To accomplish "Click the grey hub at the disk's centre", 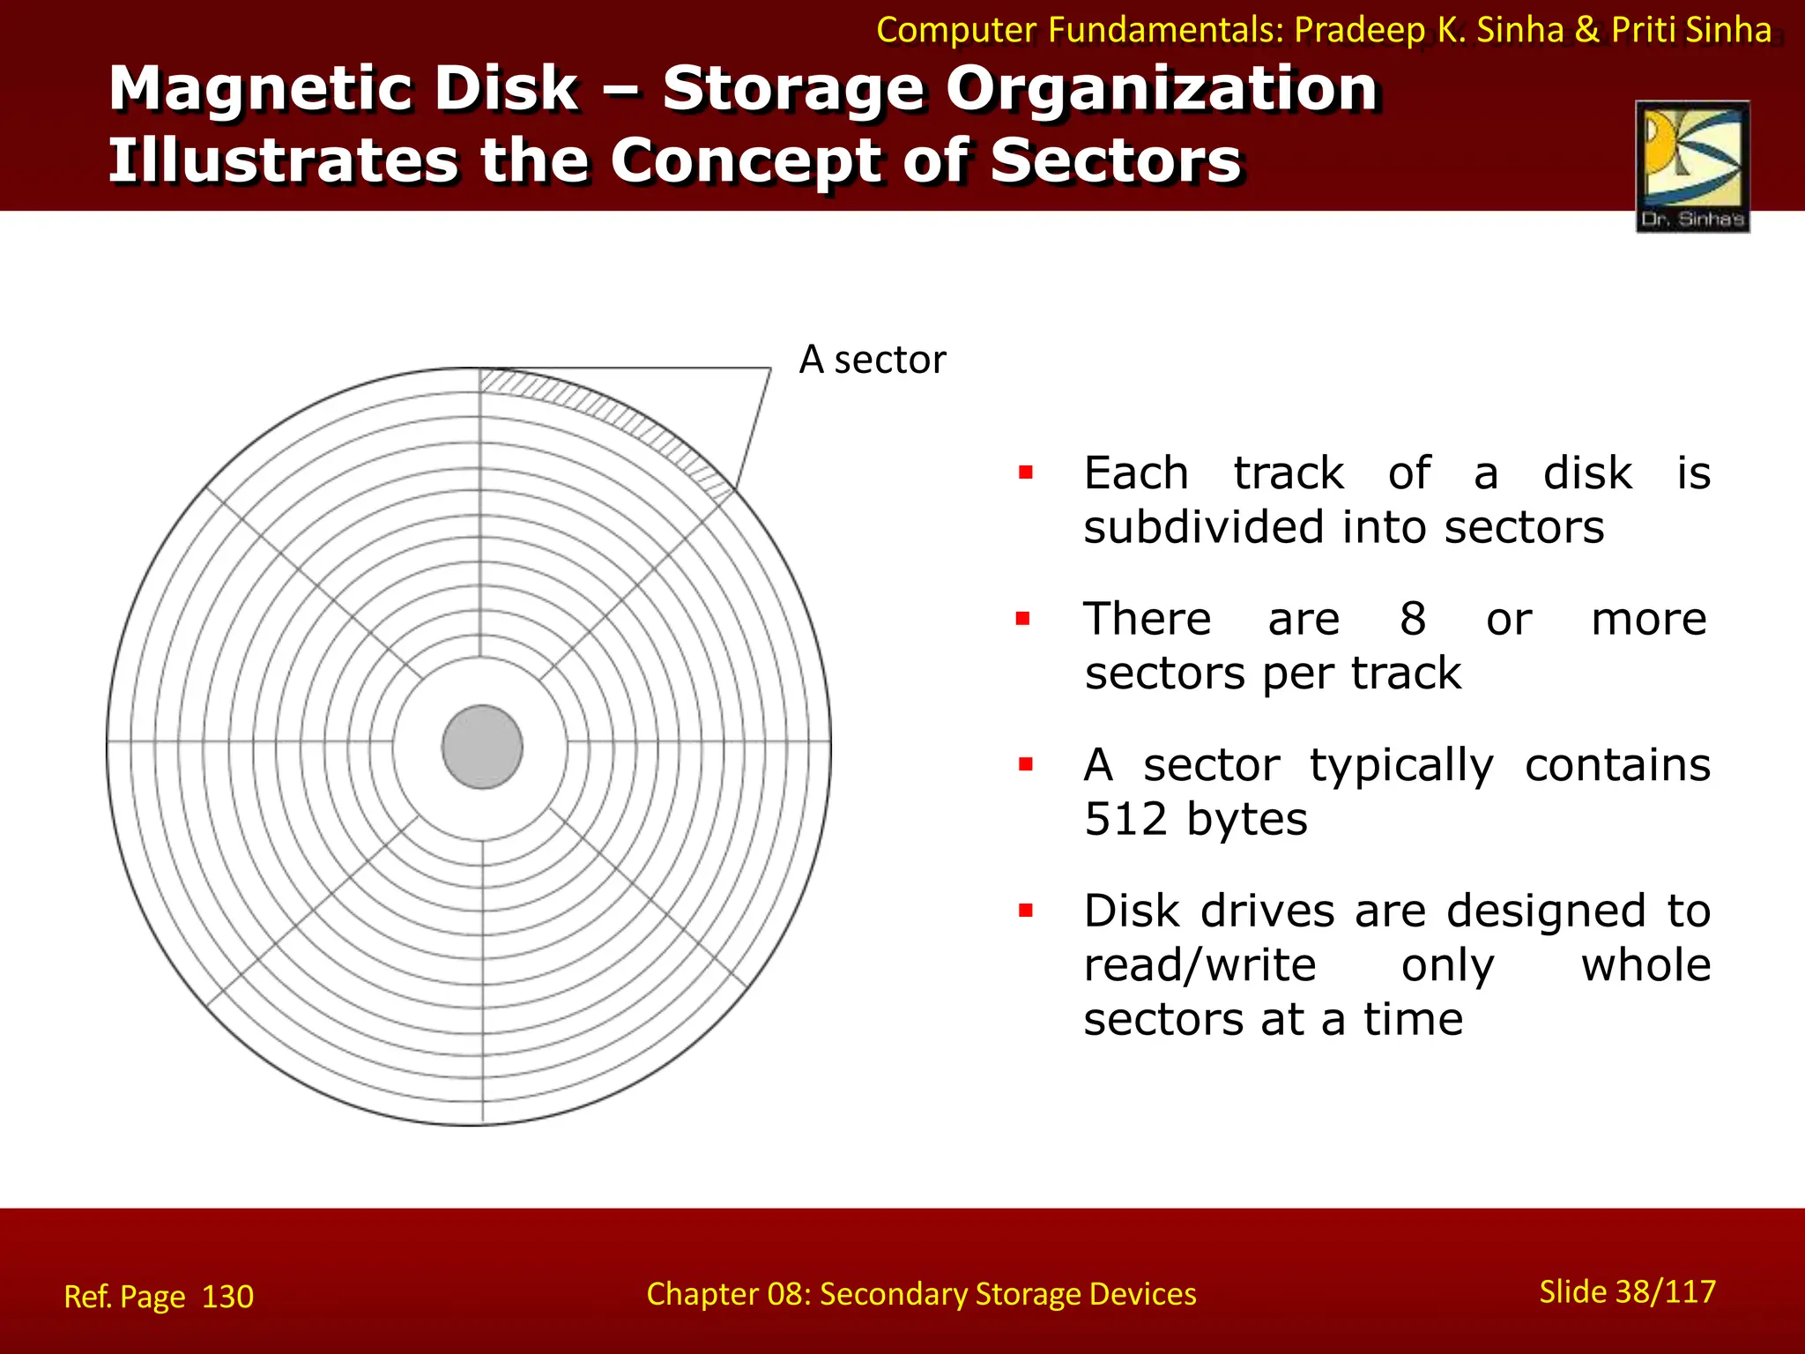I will point(482,747).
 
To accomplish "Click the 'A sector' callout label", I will point(872,360).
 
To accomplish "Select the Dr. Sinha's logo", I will point(1692,167).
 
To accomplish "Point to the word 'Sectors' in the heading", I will point(1116,161).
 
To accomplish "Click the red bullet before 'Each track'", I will point(1025,473).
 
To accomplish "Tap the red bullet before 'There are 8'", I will point(1023,619).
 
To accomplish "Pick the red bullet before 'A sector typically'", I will point(1025,764).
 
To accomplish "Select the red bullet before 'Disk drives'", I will point(1025,911).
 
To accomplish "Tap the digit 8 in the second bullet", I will point(1413,619).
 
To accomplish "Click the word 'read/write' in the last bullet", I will point(1200,965).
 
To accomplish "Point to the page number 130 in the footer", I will point(227,1297).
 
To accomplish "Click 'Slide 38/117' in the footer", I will point(1627,1291).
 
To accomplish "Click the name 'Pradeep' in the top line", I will point(1358,30).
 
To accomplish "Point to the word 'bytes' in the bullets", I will point(1246,819).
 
